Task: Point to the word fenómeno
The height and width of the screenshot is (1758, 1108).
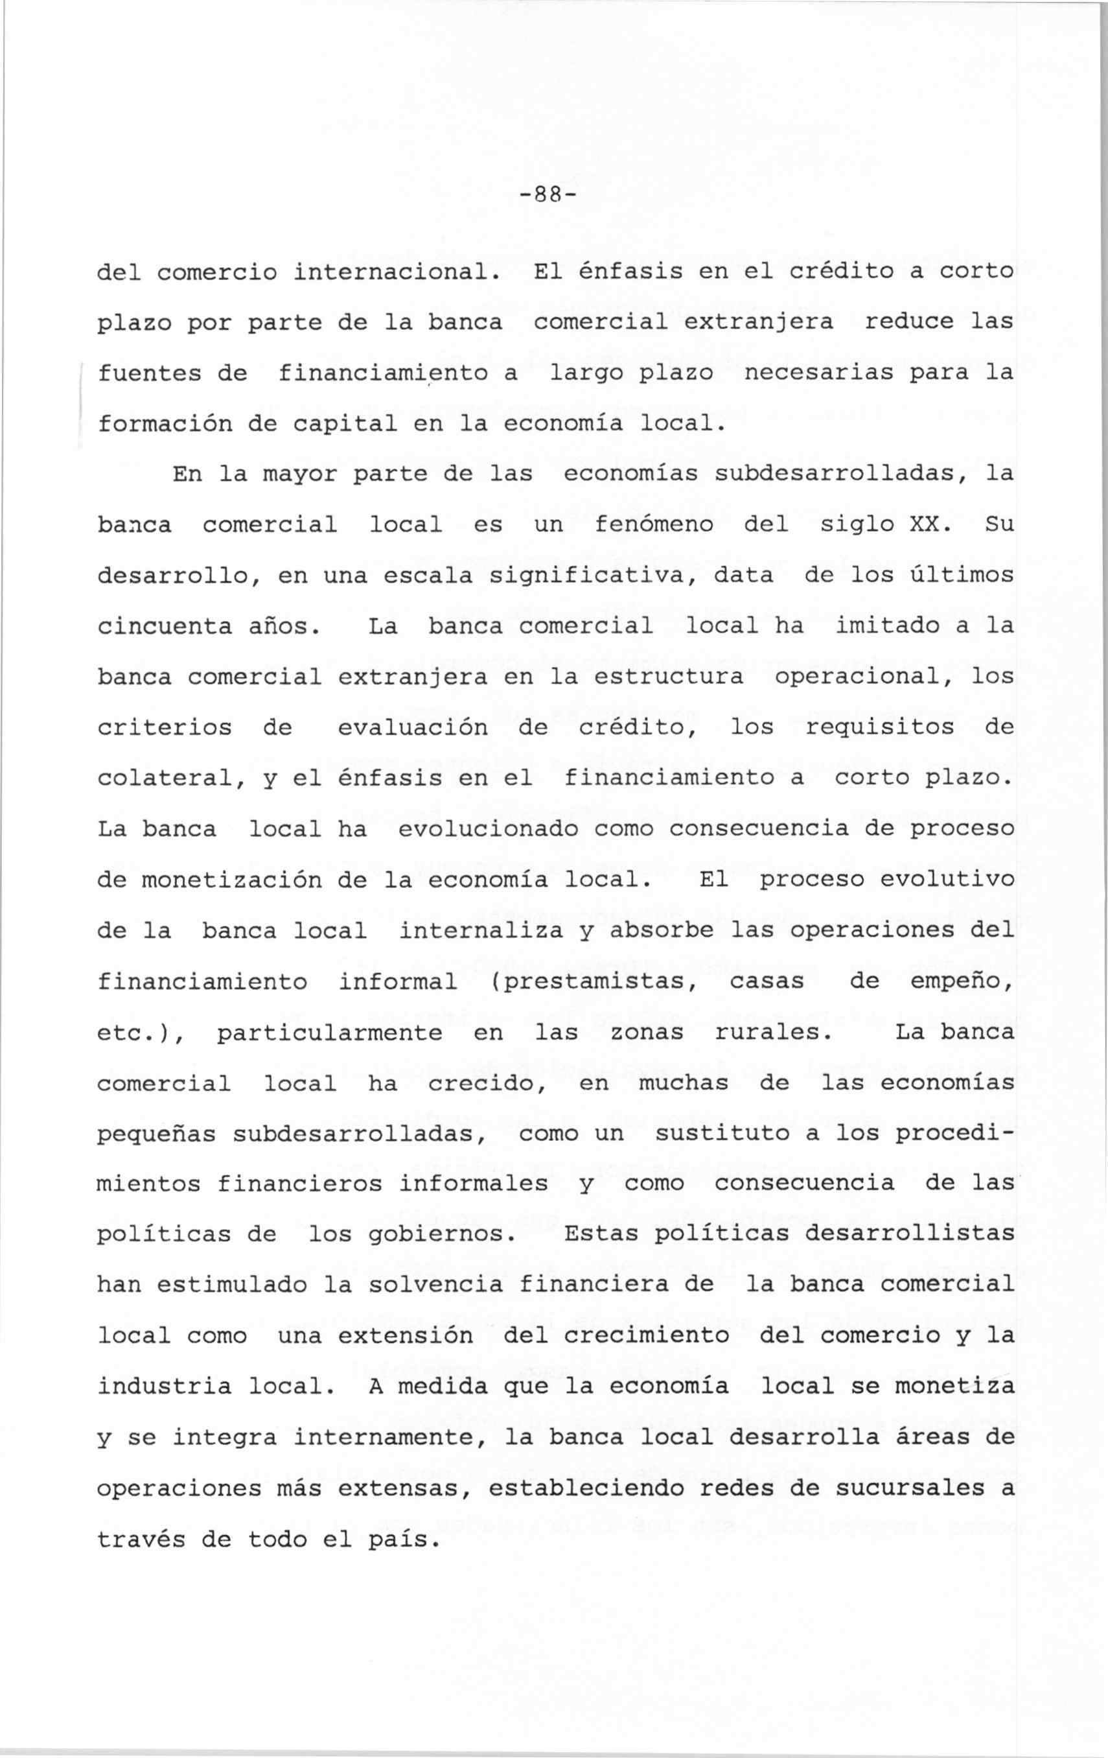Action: click(654, 525)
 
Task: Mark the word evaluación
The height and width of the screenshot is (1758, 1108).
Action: click(413, 728)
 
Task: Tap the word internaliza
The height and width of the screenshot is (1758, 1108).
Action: click(481, 931)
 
